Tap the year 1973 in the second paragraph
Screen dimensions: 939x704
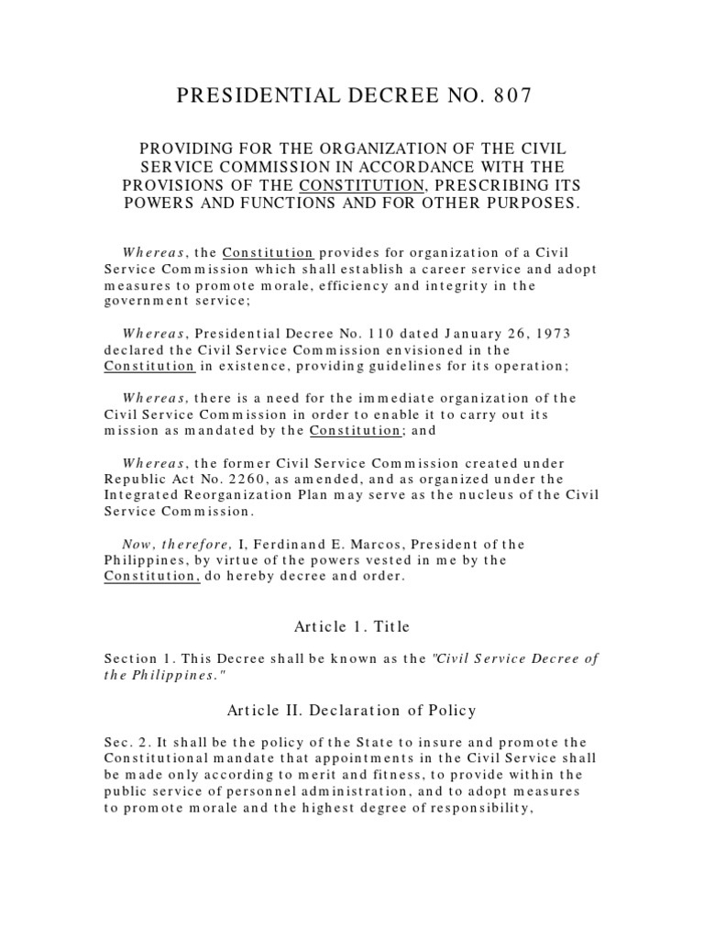click(555, 334)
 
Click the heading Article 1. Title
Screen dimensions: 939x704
click(351, 626)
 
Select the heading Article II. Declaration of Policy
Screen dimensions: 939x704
click(351, 709)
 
